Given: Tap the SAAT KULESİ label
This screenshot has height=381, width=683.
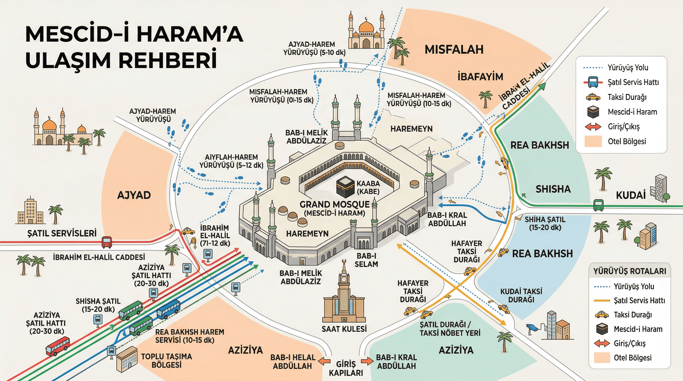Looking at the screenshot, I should (344, 329).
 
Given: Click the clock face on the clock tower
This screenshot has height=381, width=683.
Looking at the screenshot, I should (344, 279).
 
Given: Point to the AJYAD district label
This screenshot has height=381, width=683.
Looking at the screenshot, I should (134, 195).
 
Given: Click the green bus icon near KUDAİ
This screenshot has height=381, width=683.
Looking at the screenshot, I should (598, 205).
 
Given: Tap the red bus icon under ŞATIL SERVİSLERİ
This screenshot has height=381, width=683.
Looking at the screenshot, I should (107, 242).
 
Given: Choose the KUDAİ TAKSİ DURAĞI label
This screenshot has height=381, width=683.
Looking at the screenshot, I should (521, 295).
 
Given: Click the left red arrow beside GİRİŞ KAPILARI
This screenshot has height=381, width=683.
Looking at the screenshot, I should (324, 361).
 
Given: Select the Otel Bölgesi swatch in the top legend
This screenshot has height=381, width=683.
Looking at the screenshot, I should (593, 141).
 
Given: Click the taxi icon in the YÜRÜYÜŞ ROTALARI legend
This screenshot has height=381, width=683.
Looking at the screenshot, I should (602, 315).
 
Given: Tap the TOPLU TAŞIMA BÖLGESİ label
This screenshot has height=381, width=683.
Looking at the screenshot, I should (166, 361).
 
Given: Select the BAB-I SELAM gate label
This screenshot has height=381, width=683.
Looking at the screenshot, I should (366, 260).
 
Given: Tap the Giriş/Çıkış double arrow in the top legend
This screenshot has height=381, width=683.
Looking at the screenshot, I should (593, 127).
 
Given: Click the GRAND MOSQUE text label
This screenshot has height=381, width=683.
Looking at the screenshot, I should (334, 205).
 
